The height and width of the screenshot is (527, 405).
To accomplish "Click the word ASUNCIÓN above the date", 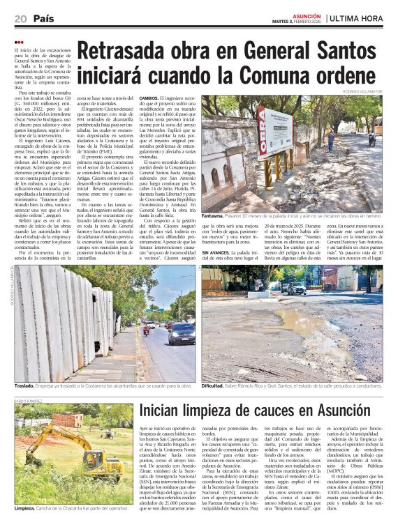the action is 307,14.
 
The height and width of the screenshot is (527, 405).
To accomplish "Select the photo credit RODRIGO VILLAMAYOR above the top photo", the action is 364,91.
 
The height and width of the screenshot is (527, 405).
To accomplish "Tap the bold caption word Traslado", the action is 25,385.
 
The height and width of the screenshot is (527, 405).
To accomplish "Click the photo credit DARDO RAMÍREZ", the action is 28,402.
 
